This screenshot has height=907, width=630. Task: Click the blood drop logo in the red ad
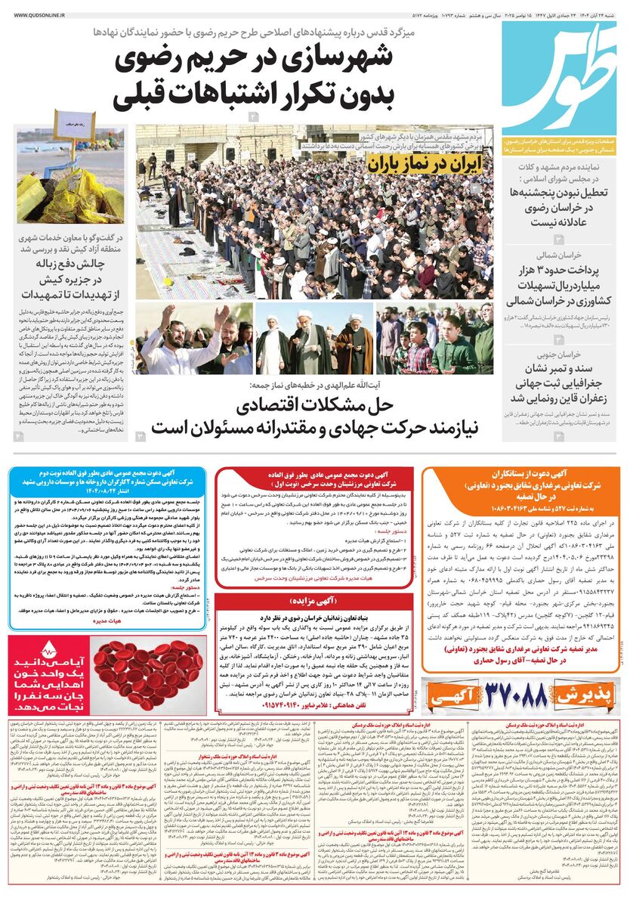tap(49, 649)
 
